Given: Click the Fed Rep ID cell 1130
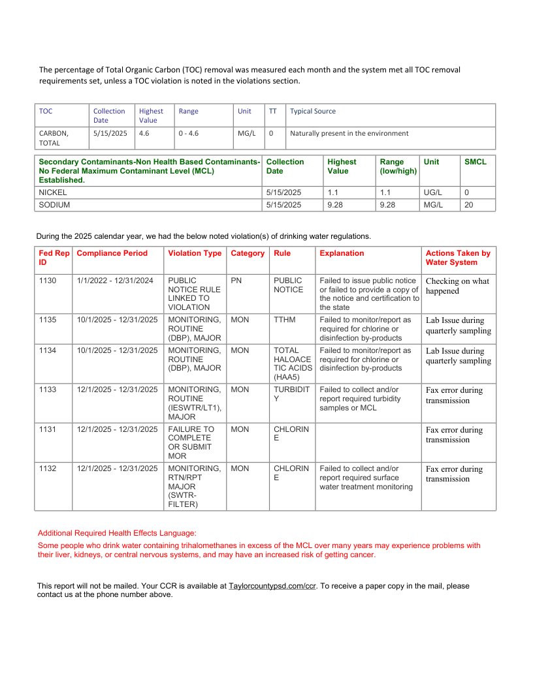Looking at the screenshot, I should [48, 281].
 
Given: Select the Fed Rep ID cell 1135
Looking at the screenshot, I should [48, 320].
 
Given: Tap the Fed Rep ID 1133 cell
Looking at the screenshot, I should [48, 390].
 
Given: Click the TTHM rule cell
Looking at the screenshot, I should [284, 320].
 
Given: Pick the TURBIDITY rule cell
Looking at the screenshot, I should [291, 394].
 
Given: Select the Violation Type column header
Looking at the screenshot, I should [195, 253].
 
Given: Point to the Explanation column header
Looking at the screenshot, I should [342, 253].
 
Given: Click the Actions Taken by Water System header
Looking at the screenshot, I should [458, 258].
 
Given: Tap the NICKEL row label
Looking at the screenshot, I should [53, 192].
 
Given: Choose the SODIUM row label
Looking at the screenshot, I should [54, 205].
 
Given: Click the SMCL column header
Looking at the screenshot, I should [475, 162].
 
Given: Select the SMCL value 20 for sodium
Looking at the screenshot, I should [468, 205].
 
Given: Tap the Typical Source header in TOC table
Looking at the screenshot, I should [313, 111].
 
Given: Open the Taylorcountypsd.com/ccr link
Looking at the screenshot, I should [272, 587].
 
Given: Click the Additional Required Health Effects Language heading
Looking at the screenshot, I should [117, 533].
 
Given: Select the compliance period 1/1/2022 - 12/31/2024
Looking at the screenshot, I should [115, 281].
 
